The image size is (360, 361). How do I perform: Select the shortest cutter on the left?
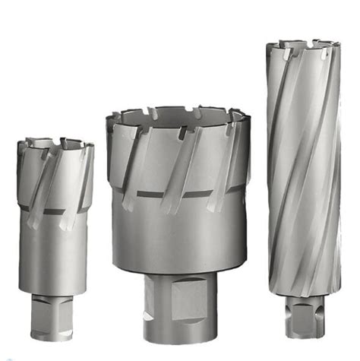coord(55,228)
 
